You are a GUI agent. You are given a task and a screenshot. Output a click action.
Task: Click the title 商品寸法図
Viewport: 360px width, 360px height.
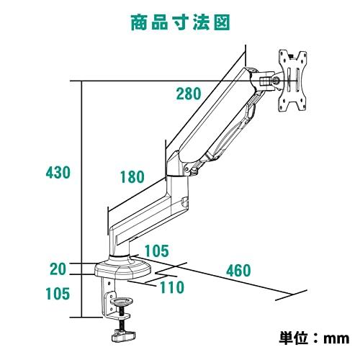180,22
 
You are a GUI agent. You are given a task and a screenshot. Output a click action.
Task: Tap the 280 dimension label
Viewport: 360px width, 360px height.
189,94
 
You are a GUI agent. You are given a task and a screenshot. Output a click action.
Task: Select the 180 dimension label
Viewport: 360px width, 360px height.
132,177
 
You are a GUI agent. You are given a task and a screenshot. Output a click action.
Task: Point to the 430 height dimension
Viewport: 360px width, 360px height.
58,172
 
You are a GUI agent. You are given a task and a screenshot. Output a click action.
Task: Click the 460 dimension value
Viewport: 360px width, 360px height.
238,271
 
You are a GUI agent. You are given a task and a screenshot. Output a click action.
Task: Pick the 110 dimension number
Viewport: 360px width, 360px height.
172,287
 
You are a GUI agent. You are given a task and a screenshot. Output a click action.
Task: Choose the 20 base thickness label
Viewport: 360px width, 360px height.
58,269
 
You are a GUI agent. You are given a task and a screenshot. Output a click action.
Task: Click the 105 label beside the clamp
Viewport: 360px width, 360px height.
58,294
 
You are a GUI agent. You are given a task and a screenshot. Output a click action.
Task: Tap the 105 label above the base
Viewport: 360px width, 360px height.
157,251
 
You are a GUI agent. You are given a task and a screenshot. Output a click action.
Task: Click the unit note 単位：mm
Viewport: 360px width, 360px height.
314,338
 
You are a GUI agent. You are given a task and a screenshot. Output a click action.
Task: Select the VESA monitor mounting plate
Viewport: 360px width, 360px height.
292,81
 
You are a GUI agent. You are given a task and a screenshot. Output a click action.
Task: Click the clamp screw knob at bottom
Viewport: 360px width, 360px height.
123,336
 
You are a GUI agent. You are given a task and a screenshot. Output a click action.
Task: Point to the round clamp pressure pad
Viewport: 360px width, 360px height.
122,301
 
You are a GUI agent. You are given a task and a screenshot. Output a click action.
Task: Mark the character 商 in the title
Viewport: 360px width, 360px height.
139,22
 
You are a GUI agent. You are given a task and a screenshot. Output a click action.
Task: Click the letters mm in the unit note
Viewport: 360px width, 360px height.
336,339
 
